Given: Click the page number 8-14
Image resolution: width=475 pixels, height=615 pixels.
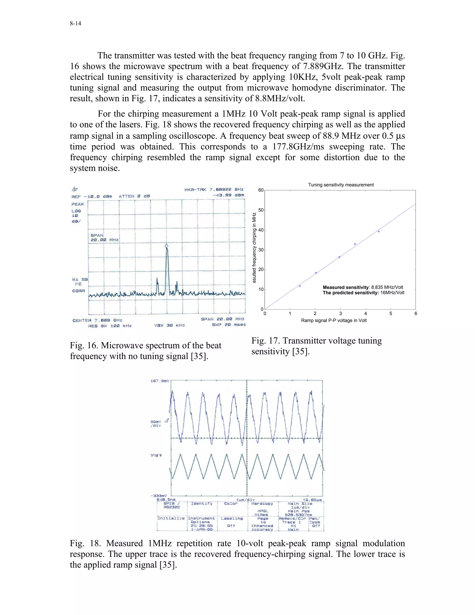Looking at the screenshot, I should pyautogui.click(x=75, y=23).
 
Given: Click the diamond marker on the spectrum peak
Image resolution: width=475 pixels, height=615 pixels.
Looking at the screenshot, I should pyautogui.click(x=167, y=246).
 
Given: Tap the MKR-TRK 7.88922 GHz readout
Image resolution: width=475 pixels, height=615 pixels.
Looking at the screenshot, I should pyautogui.click(x=214, y=190).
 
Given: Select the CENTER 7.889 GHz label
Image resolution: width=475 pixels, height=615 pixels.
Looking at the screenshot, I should pyautogui.click(x=97, y=320).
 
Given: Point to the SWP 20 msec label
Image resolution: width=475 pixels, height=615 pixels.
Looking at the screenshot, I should pyautogui.click(x=229, y=325).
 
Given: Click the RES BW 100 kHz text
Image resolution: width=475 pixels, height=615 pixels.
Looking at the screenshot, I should pyautogui.click(x=110, y=326).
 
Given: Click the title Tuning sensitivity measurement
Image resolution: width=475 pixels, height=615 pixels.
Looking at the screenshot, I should pyautogui.click(x=340, y=185).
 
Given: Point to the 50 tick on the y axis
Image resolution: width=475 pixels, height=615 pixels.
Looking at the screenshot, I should pyautogui.click(x=261, y=210).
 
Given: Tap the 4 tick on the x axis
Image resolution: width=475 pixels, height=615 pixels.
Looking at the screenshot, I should pyautogui.click(x=366, y=313).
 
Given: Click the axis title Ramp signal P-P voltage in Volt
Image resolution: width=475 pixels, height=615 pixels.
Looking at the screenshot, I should pyautogui.click(x=334, y=320).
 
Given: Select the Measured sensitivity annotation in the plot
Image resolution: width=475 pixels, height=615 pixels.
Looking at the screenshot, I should pyautogui.click(x=363, y=287).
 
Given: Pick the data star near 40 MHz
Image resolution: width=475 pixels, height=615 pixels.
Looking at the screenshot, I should pyautogui.click(x=379, y=231).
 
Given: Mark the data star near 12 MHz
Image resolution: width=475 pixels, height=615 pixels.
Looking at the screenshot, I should pyautogui.click(x=300, y=286).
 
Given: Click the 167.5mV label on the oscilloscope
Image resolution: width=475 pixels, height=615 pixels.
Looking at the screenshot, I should pyautogui.click(x=160, y=381).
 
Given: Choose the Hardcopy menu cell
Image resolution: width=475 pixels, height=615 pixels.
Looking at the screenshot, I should pyautogui.click(x=262, y=504).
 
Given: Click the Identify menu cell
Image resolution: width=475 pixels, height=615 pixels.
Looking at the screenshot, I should pyautogui.click(x=202, y=504).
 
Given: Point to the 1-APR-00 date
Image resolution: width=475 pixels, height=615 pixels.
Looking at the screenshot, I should pyautogui.click(x=202, y=529).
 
